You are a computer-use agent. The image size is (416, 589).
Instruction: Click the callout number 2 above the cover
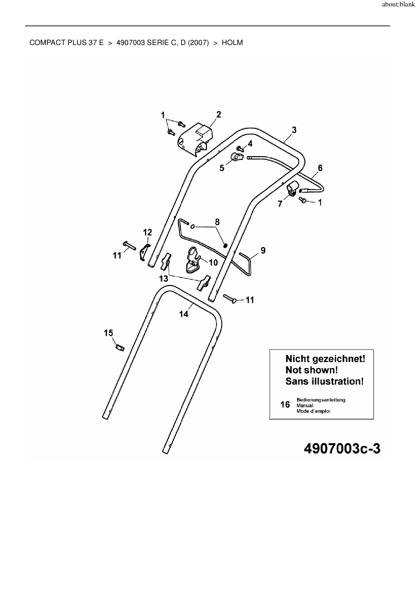click(x=219, y=115)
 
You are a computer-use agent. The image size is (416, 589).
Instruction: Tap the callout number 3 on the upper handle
click(x=294, y=130)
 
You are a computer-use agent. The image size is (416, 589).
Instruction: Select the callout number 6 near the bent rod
click(x=320, y=168)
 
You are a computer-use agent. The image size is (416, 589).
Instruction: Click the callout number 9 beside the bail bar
click(x=263, y=250)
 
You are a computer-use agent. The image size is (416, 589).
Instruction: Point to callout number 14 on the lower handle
click(x=184, y=314)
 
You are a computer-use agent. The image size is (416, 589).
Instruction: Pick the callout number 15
click(x=108, y=333)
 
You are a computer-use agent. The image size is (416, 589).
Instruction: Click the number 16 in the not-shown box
click(x=285, y=405)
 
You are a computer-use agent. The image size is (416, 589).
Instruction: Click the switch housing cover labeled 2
click(x=196, y=140)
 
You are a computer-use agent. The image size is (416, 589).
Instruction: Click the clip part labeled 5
click(x=237, y=157)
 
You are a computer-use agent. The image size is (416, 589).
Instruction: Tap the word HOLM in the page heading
click(x=232, y=43)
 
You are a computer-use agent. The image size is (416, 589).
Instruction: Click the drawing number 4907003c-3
click(x=342, y=449)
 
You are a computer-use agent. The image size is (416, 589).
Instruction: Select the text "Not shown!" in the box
click(x=311, y=370)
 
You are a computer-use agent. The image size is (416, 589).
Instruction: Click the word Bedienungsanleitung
click(x=321, y=400)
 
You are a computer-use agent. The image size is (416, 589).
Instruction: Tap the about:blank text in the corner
click(x=398, y=5)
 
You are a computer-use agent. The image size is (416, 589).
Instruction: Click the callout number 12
click(x=147, y=232)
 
